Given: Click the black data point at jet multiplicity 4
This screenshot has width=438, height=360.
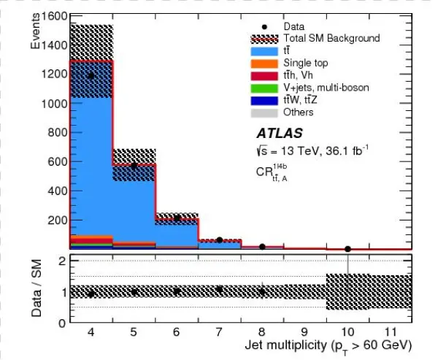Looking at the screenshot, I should (x=91, y=75).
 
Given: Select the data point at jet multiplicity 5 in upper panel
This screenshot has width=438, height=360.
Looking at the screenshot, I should (x=134, y=165).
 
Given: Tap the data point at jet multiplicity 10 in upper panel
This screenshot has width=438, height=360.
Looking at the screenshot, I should (x=347, y=249).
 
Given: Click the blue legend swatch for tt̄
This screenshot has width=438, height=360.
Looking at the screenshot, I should (x=264, y=51).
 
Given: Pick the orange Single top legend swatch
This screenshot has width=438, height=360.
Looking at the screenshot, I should (x=264, y=64).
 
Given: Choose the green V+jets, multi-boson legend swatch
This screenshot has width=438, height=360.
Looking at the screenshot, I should (x=264, y=88).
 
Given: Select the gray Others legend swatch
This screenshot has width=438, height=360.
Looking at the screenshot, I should (x=264, y=112).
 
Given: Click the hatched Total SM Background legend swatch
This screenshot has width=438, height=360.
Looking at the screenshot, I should (x=264, y=38).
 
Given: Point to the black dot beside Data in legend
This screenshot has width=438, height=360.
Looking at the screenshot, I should (x=264, y=26).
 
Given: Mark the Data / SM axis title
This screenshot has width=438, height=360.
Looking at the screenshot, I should (x=36, y=290).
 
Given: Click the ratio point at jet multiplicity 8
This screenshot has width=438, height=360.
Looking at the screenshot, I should (x=262, y=291).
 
